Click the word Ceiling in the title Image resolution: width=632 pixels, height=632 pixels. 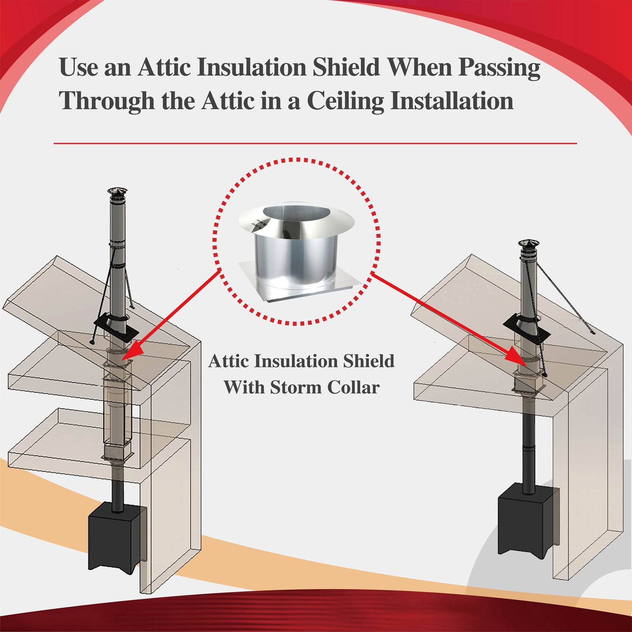[345, 101]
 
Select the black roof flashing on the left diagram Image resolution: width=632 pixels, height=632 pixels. [116, 328]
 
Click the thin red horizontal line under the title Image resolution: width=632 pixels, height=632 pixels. [315, 143]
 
